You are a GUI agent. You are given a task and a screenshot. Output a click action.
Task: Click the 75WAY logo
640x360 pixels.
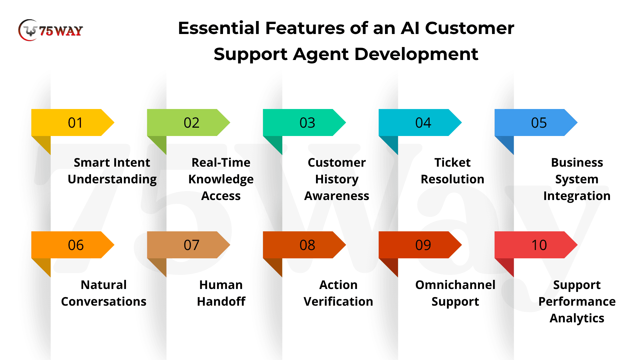50,30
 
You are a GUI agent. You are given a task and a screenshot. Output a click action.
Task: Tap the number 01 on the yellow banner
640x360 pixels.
75,123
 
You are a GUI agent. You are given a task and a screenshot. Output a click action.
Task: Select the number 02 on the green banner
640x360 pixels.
191,123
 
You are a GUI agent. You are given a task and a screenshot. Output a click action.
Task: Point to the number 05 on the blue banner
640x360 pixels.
539,123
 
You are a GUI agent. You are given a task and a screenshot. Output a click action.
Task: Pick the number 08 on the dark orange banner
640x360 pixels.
307,245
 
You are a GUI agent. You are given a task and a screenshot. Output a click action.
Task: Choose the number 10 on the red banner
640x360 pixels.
539,245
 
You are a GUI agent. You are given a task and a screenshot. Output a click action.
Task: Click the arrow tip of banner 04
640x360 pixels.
461,122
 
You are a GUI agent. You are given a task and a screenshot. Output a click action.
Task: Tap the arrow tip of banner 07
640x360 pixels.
230,245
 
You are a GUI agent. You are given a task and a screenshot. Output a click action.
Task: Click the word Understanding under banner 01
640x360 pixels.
112,179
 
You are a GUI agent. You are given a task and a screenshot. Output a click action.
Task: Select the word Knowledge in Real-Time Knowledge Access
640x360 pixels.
221,179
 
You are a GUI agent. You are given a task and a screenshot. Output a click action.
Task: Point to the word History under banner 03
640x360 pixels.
337,179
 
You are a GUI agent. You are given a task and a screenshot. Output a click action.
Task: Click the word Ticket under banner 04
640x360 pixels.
452,162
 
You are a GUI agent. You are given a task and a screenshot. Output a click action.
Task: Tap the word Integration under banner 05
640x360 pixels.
577,196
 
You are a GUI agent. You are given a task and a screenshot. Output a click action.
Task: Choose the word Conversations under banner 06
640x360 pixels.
104,301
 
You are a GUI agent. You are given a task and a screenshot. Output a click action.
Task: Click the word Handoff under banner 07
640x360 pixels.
221,301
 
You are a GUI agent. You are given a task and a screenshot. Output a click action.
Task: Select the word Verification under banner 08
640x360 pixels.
338,301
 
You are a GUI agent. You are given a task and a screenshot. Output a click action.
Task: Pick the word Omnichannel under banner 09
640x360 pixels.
455,285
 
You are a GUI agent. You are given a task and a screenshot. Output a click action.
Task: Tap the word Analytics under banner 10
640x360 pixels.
577,318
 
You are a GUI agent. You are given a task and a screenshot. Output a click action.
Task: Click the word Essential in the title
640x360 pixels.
219,28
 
